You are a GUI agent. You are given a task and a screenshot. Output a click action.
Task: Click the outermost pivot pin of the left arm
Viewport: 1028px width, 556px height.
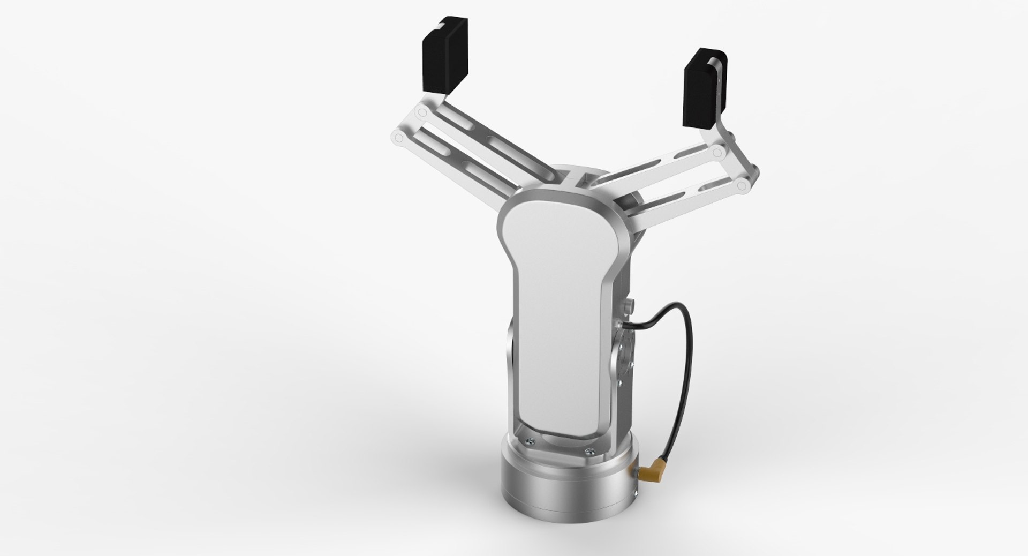pos(397,138)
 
